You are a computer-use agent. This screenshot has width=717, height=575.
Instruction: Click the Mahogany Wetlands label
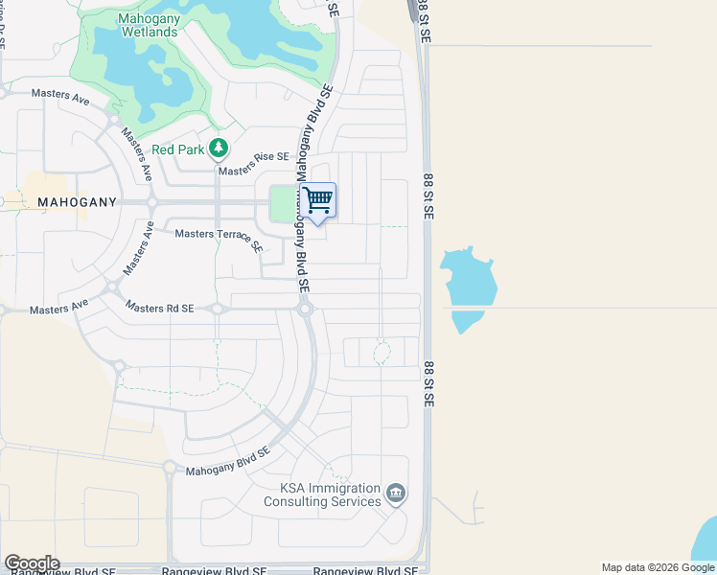[x=149, y=25]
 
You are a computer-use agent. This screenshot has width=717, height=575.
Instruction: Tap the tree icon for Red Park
[x=220, y=148]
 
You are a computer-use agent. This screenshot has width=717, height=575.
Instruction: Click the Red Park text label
[x=178, y=149]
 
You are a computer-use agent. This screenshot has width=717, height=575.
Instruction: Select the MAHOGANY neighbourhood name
[x=77, y=202]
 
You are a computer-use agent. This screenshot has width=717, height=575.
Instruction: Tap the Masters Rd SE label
[x=159, y=309]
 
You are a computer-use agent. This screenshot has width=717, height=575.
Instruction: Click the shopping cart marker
[x=317, y=201]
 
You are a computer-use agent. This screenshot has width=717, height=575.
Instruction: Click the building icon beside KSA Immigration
[x=396, y=494]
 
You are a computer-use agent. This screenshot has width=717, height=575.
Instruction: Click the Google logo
[x=31, y=563]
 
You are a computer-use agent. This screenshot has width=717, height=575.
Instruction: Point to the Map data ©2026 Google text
[x=658, y=567]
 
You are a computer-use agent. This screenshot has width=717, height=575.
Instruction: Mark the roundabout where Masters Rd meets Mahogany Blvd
[x=305, y=309]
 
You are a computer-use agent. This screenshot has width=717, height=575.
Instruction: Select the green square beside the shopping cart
[x=282, y=203]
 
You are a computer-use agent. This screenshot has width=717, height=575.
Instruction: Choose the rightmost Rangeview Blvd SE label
[x=365, y=570]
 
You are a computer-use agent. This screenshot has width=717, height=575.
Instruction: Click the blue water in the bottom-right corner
[x=707, y=541]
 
